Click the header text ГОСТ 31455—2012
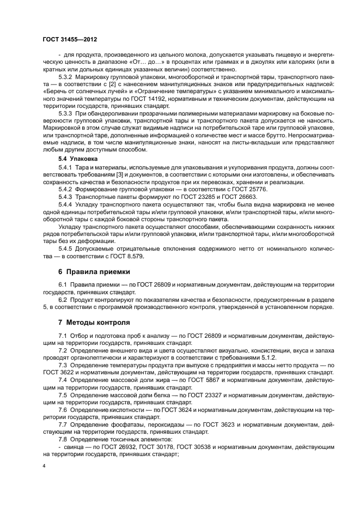click(70, 40)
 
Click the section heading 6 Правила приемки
click(94, 271)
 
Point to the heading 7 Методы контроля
click(94, 322)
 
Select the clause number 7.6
click(63, 409)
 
